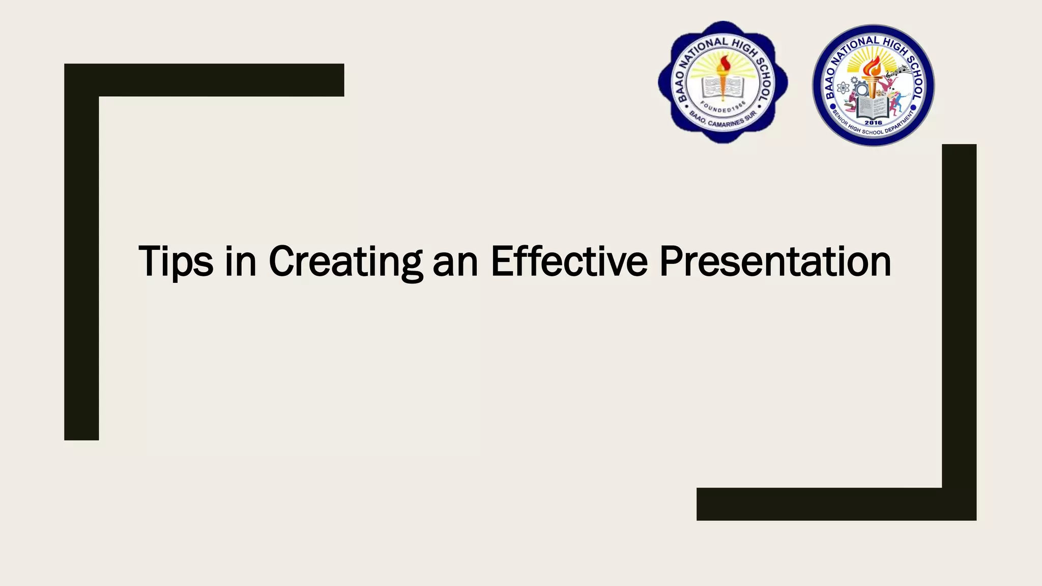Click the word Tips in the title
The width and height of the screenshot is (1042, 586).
(176, 261)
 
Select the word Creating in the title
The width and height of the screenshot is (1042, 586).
(345, 261)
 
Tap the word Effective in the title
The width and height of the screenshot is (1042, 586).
(569, 261)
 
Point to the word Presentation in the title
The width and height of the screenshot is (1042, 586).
(775, 261)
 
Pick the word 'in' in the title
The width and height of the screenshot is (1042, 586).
(241, 261)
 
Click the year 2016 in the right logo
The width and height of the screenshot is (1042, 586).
(873, 123)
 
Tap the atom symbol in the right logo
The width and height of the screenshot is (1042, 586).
(843, 88)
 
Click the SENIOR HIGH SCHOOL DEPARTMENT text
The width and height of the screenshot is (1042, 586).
(873, 130)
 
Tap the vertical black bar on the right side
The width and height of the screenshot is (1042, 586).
(959, 315)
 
